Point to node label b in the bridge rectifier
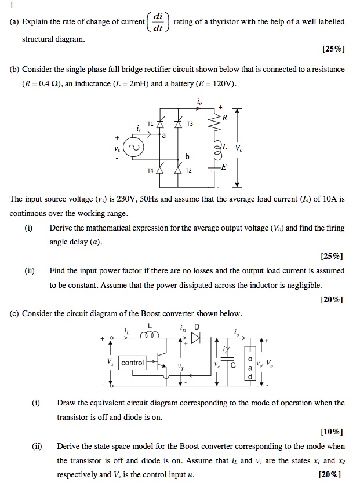[187, 156]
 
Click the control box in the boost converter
[133, 363]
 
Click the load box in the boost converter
[250, 364]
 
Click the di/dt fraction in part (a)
[157, 22]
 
